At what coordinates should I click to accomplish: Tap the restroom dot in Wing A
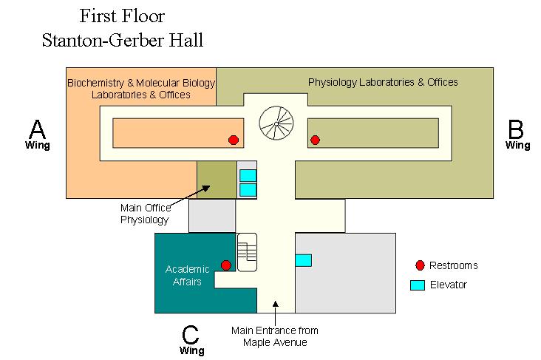[x=234, y=140]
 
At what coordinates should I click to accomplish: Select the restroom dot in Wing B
[x=315, y=140]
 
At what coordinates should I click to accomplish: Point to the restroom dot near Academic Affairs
[x=226, y=265]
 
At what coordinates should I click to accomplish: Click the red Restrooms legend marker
[x=421, y=265]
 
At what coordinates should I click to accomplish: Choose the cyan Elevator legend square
[x=418, y=285]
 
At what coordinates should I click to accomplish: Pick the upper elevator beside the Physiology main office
[x=248, y=175]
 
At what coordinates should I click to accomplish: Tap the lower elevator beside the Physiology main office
[x=248, y=189]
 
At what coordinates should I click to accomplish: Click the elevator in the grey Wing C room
[x=303, y=260]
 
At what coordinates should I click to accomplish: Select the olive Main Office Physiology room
[x=216, y=180]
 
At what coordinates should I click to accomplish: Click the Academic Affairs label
[x=183, y=274]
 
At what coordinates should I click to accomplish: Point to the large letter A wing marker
[x=37, y=130]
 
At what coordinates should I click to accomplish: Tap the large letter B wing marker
[x=517, y=130]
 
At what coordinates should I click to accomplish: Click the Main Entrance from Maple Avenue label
[x=274, y=336]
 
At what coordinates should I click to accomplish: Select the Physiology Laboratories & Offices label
[x=382, y=82]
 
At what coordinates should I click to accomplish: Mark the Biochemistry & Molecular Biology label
[x=140, y=88]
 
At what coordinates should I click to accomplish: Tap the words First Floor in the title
[x=122, y=16]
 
